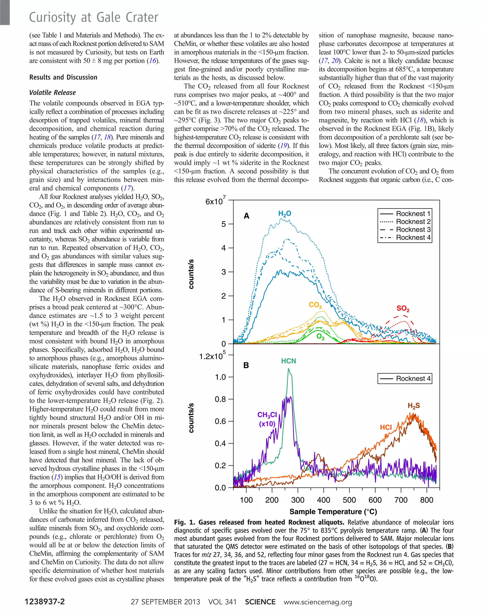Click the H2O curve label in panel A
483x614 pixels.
[x=284, y=214]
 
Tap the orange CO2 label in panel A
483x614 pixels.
[x=315, y=305]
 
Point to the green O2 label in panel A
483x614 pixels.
[x=321, y=336]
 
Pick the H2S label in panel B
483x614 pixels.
[x=413, y=406]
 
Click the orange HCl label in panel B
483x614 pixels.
[x=386, y=427]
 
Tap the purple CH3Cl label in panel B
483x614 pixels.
[x=267, y=415]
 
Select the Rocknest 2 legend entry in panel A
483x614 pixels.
[x=413, y=221]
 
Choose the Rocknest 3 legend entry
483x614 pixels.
[x=413, y=229]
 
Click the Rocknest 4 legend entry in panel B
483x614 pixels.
[x=413, y=378]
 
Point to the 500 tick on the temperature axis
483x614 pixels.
[x=349, y=500]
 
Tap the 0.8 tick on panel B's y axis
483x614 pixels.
[x=220, y=399]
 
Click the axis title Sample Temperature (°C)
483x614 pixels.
[x=333, y=512]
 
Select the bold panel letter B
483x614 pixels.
[x=246, y=365]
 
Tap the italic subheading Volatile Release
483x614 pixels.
[x=53, y=93]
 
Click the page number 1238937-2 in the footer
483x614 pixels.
[x=45, y=602]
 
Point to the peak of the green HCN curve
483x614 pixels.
[x=288, y=369]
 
